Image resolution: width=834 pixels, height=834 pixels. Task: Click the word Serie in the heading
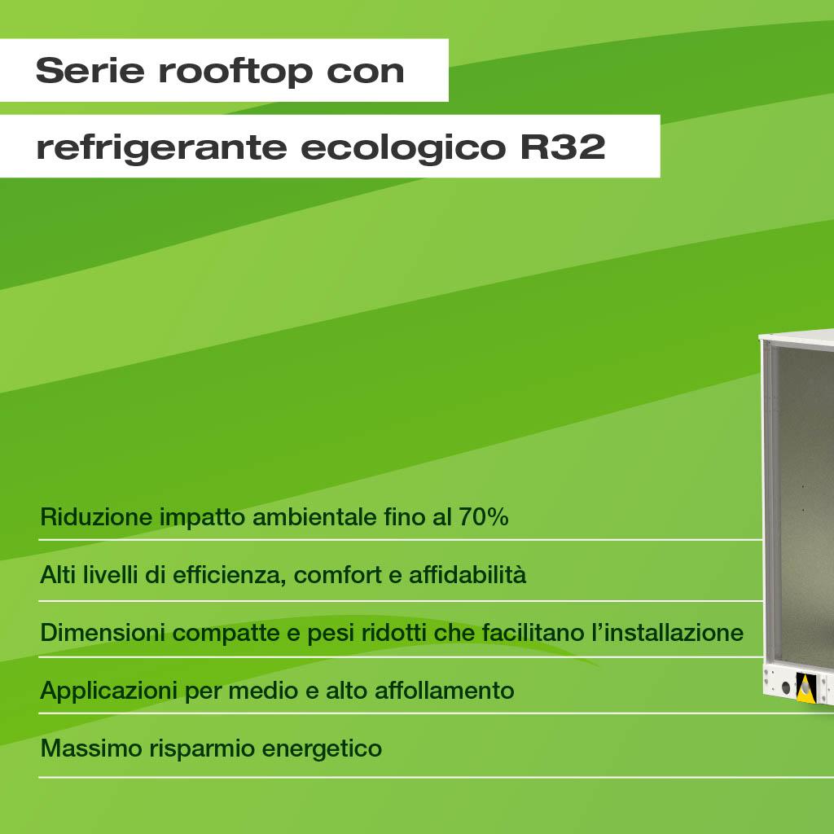point(90,70)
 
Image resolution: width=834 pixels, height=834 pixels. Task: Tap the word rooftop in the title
point(235,72)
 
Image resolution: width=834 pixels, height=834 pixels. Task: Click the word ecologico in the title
point(402,147)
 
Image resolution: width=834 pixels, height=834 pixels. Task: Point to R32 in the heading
point(563,147)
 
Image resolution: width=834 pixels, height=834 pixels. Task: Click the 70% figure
point(484,516)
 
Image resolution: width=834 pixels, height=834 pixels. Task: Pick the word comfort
point(338,574)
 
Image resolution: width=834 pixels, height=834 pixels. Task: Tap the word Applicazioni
point(108,691)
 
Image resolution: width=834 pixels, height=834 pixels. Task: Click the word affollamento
point(445,691)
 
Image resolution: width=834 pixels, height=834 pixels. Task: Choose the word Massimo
point(91,748)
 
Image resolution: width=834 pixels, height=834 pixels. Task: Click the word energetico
point(322,749)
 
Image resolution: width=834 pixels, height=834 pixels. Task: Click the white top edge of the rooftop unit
point(797,337)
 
